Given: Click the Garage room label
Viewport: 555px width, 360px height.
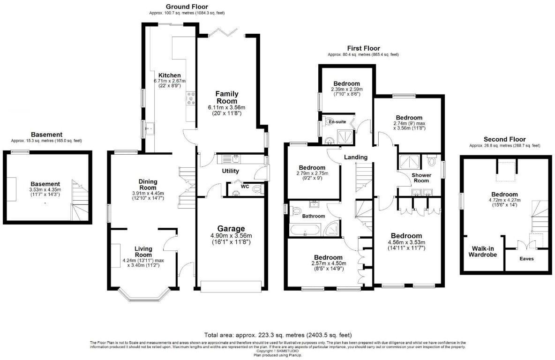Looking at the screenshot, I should (x=230, y=229).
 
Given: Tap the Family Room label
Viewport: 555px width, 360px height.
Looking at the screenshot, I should (x=227, y=97).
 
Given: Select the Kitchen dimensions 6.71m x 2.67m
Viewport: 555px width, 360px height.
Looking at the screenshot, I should (x=169, y=81).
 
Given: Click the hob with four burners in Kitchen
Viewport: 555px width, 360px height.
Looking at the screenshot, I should (x=191, y=98).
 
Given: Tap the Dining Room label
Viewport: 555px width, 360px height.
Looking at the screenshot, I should (x=148, y=184).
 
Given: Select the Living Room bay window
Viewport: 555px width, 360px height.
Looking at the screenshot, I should (x=143, y=294).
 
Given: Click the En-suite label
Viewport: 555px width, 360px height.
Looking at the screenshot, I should (x=337, y=122).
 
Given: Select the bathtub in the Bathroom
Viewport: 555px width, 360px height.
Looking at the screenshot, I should (x=305, y=230).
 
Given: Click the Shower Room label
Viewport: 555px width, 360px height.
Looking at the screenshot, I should (x=421, y=178).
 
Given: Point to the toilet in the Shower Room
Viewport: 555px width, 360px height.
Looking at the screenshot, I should (x=432, y=162).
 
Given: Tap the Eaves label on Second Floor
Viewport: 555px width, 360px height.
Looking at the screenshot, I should (x=526, y=258).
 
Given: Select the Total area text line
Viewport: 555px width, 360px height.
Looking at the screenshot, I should (x=277, y=335).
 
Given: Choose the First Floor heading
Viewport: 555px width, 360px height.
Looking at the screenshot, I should (x=363, y=48).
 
